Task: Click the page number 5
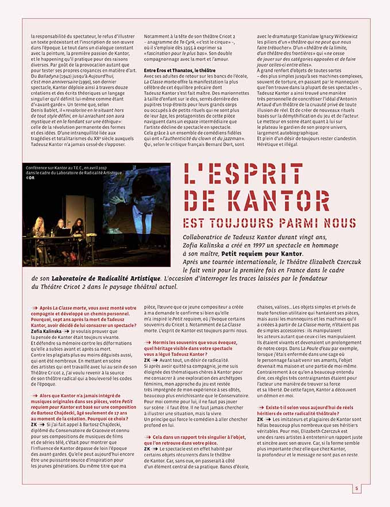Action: (356, 489)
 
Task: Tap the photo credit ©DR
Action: (30, 178)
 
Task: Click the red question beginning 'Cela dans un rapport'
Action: (192, 440)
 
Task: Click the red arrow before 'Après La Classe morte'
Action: (35, 308)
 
